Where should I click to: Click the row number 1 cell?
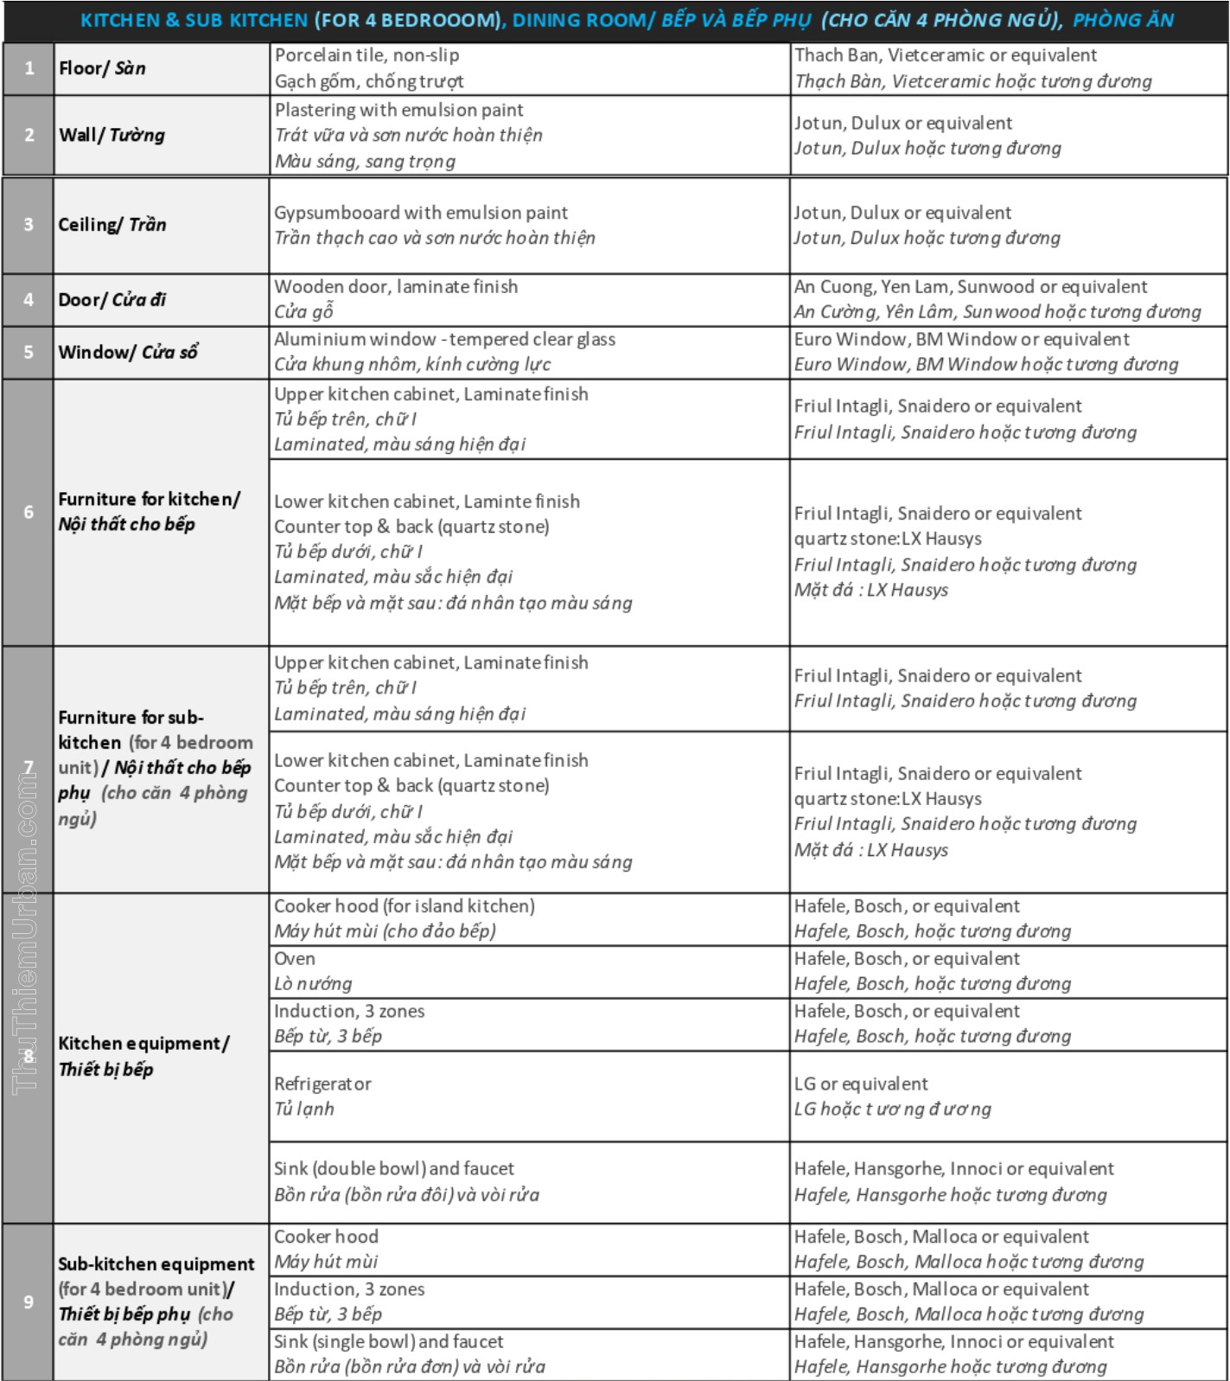pos(29,68)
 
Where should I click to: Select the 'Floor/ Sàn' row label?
pos(102,68)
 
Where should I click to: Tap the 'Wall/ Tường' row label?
pos(112,135)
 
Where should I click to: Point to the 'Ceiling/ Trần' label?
pos(112,225)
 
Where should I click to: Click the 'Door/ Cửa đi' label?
pos(112,300)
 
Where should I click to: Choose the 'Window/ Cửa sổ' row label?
pos(128,352)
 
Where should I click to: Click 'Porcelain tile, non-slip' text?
pos(366,55)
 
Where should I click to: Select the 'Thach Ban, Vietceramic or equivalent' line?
pos(945,55)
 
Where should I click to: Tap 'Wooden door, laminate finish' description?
pos(396,287)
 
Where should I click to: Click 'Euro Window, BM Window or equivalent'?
pos(961,339)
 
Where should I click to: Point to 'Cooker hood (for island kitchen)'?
pos(404,906)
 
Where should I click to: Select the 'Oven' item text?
pos(295,959)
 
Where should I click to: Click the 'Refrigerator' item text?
pos(322,1084)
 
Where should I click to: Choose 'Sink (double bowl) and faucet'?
pos(393,1169)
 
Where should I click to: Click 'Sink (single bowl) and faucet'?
pos(388,1342)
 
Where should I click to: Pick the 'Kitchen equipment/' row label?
pos(143,1044)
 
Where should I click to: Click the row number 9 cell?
pos(29,1301)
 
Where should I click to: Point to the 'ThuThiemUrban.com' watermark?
pos(26,930)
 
